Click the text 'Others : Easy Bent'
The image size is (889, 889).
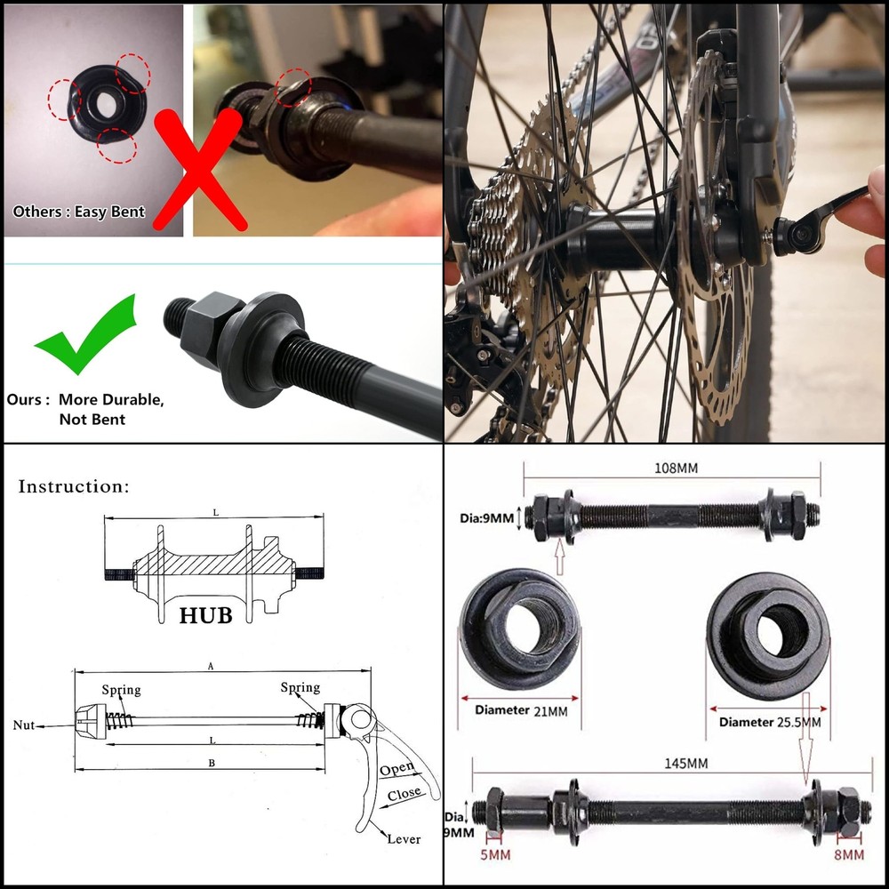(79, 212)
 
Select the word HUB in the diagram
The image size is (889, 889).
(205, 615)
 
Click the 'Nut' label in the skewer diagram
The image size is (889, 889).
(24, 725)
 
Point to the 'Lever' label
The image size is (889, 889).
(404, 838)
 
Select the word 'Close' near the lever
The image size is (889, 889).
(404, 793)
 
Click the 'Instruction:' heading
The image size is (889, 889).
(74, 486)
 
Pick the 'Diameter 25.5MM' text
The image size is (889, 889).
(770, 722)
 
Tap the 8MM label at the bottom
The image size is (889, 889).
(848, 855)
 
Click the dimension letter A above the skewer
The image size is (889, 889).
(210, 665)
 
